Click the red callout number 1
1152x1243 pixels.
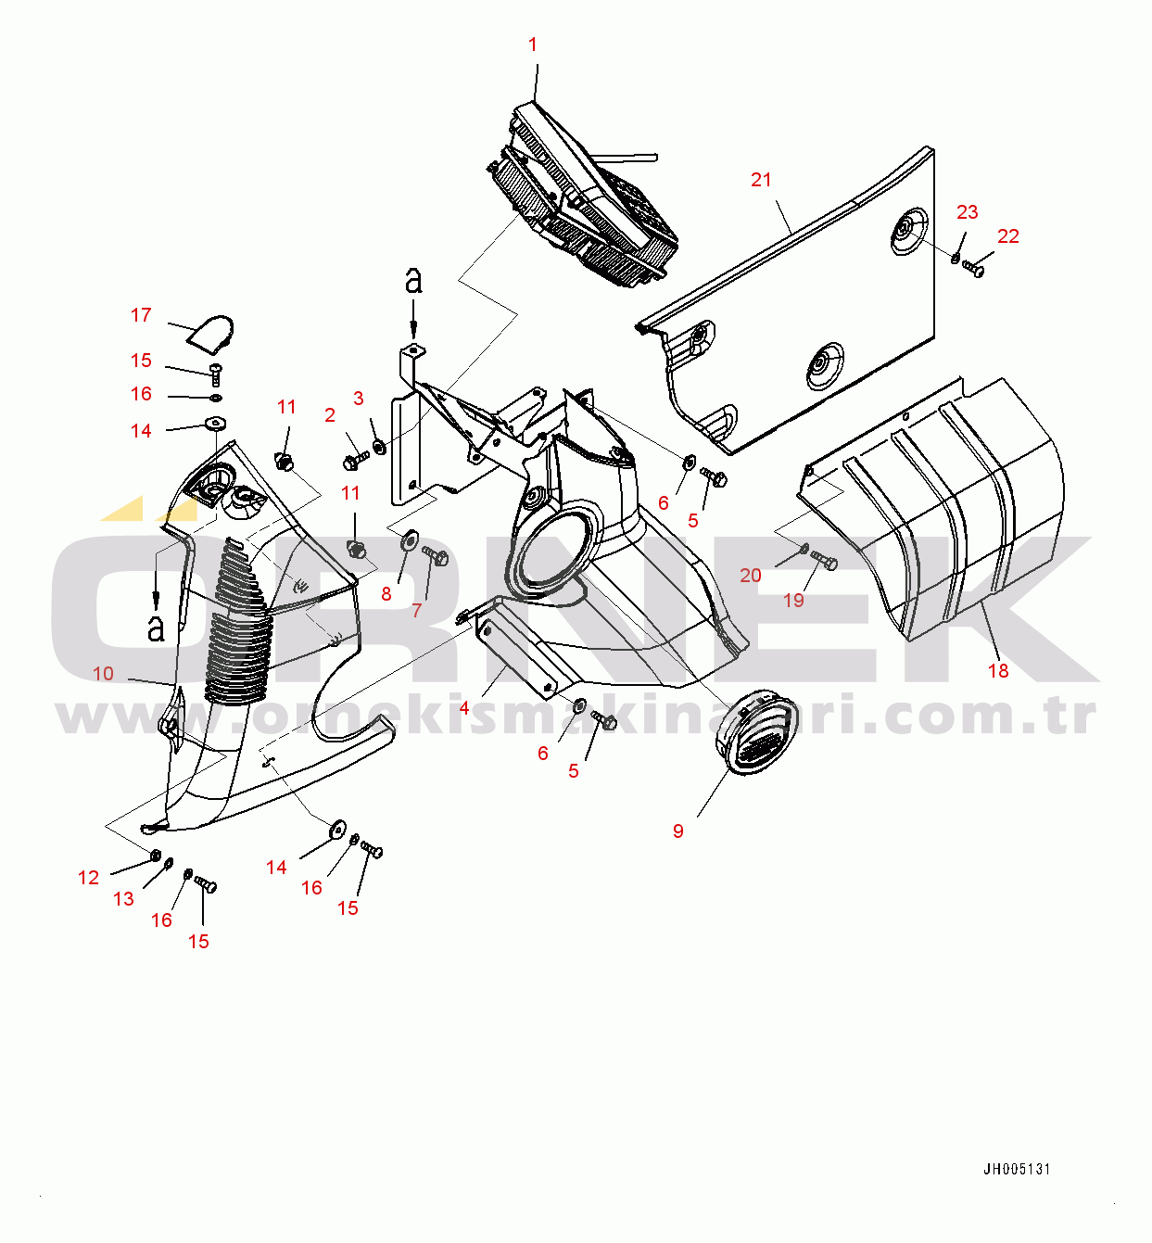click(533, 44)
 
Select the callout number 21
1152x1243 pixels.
click(761, 180)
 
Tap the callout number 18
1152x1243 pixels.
click(998, 670)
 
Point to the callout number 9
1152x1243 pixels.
click(678, 831)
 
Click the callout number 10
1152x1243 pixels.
click(103, 674)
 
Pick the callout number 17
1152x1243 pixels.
click(141, 315)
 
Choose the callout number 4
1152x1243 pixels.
click(464, 708)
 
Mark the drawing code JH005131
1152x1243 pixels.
click(1017, 1170)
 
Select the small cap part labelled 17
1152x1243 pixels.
click(212, 333)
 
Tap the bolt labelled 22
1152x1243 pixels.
click(972, 269)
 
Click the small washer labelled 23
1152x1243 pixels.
click(956, 257)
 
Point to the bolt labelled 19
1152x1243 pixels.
click(824, 561)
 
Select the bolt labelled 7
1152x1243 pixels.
click(436, 556)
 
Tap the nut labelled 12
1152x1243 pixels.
click(156, 854)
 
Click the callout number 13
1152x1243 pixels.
click(123, 899)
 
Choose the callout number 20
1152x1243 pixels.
click(751, 576)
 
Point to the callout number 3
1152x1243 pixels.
click(359, 399)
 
